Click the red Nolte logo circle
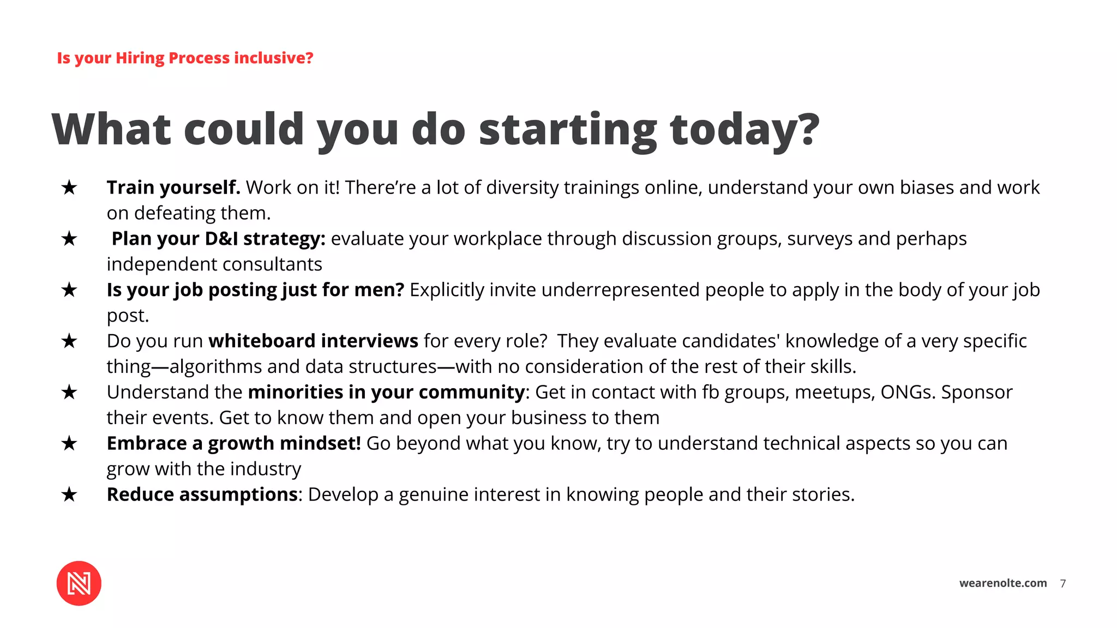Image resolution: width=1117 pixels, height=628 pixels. [x=79, y=583]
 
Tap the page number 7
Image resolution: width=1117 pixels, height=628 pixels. [x=1062, y=583]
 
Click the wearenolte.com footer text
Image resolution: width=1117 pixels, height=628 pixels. [x=1002, y=583]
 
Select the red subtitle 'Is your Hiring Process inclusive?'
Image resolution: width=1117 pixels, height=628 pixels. [x=185, y=58]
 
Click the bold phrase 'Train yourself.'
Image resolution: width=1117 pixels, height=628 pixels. [x=173, y=188]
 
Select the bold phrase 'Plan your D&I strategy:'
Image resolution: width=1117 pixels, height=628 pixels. [x=218, y=239]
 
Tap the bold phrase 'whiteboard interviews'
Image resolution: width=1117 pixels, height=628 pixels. [x=313, y=341]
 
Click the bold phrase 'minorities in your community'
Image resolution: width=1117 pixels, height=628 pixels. [x=386, y=392]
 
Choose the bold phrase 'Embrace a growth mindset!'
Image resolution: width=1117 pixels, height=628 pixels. [x=233, y=443]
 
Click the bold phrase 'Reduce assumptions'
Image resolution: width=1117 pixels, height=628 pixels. [x=202, y=494]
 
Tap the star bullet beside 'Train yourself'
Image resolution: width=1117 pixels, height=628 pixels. [x=69, y=188]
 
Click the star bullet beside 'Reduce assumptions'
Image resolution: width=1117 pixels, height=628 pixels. [x=69, y=494]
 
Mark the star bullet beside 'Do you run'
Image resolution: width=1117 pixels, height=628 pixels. [x=69, y=341]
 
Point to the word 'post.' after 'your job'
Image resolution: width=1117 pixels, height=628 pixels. [x=128, y=316]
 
